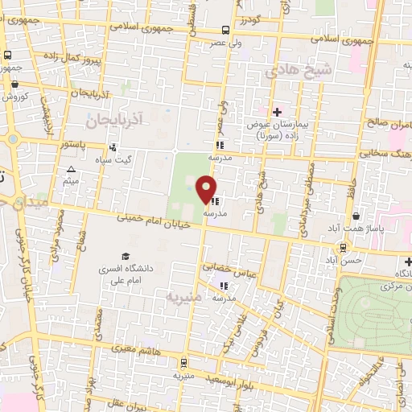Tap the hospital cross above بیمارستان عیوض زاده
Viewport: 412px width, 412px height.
(277, 112)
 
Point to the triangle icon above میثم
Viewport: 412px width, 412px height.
(72, 169)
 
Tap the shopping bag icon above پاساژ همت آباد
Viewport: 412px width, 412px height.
(357, 216)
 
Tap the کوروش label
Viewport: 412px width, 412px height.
(14, 96)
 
